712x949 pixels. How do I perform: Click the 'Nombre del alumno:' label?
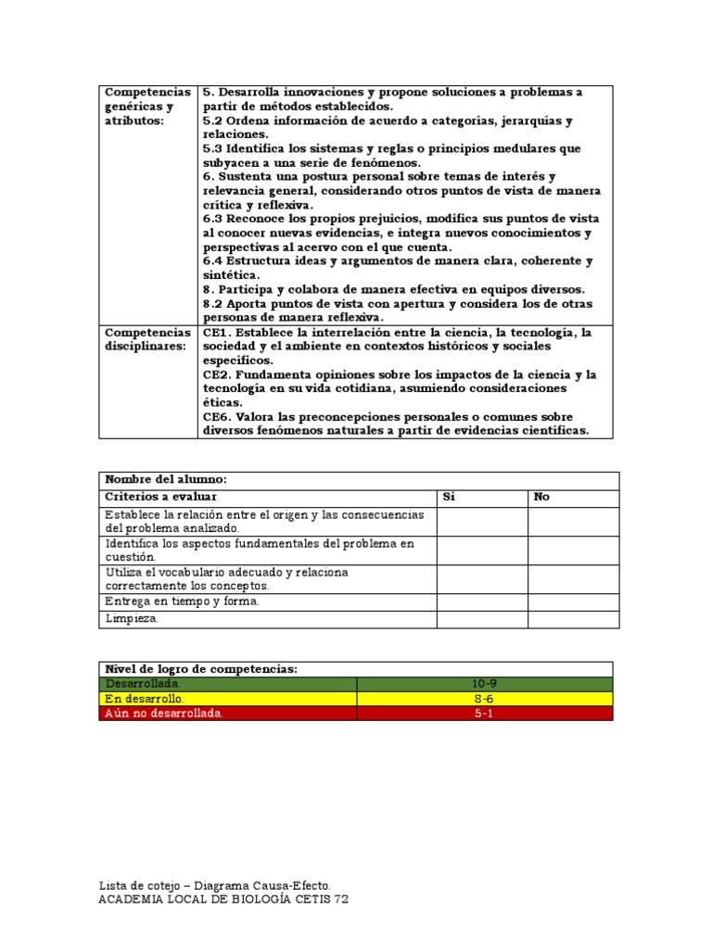166,480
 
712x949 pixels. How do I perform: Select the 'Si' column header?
450,498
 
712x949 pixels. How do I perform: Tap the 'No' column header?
541,498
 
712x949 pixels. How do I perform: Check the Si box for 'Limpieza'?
482,619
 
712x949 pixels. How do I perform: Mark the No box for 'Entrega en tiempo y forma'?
573,601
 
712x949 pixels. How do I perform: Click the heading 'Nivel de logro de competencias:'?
201,669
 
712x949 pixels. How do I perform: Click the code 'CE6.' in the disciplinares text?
218,417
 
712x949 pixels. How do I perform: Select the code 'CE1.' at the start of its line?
218,332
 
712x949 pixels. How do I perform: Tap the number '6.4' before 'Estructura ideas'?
212,261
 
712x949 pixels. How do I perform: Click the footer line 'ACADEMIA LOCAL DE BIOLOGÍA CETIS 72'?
223,900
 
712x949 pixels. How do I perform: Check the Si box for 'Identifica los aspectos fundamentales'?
482,550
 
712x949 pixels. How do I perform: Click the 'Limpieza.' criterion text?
132,619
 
